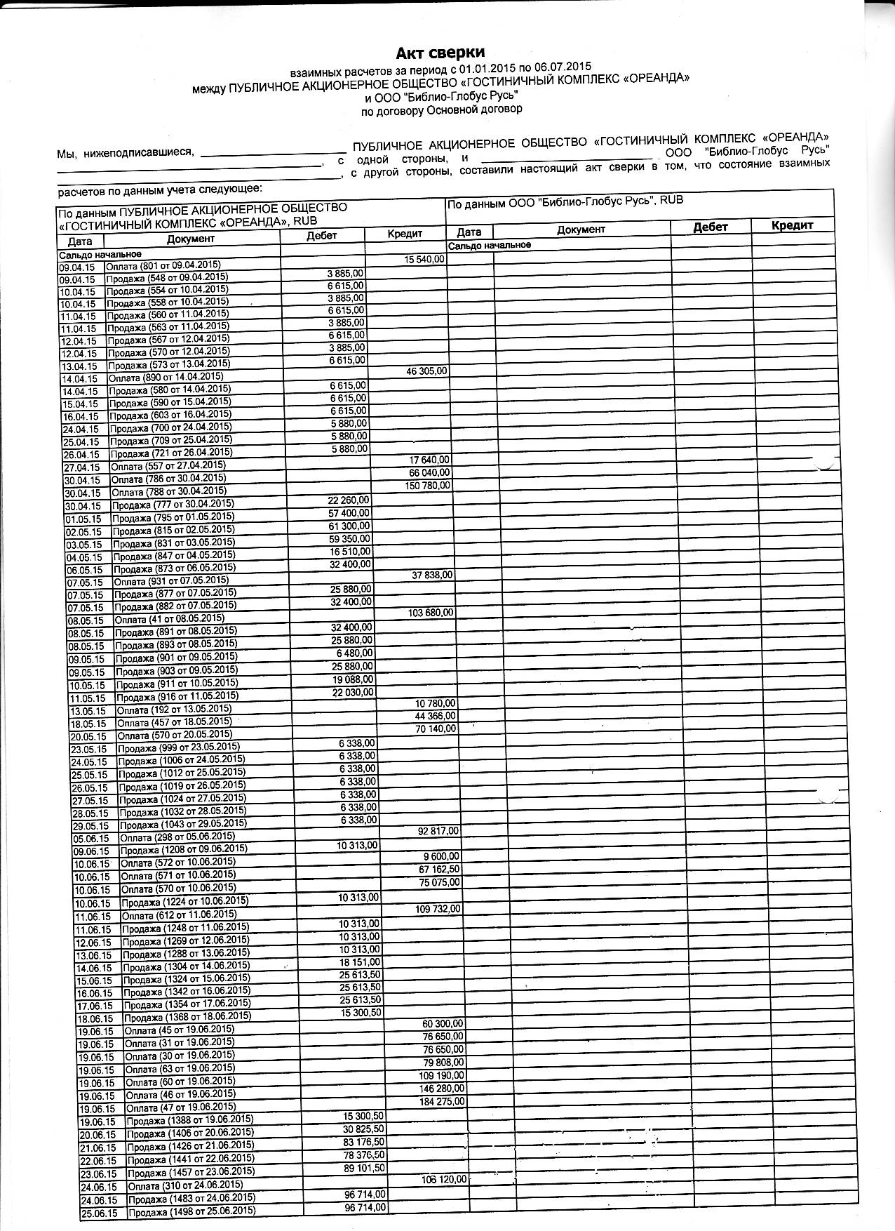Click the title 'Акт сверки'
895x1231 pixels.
coord(440,53)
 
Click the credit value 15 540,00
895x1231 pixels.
coord(424,260)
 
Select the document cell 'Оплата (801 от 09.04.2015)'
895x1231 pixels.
coord(163,265)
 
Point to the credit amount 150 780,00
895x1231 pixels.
coord(429,486)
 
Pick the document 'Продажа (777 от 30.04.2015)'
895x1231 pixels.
coord(173,505)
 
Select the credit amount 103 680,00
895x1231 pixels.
coord(431,613)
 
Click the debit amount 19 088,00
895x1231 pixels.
coord(353,679)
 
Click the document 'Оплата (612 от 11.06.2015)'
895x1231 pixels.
coord(178,916)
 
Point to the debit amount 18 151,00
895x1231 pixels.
coord(359,961)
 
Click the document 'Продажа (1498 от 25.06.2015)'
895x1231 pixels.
coord(191,1212)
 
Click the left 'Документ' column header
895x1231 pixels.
coord(191,239)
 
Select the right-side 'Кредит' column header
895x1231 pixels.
coord(791,225)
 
